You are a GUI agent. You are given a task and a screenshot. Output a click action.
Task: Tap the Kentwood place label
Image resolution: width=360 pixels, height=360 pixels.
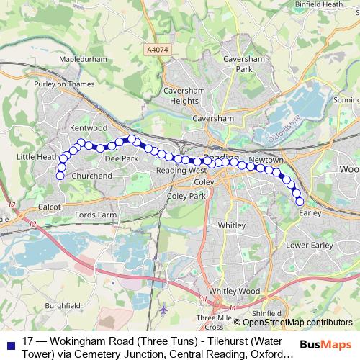click(89, 127)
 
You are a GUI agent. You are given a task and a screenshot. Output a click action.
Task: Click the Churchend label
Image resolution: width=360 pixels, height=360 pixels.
click(93, 175)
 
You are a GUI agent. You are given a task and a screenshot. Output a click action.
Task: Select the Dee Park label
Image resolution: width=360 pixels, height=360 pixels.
click(121, 158)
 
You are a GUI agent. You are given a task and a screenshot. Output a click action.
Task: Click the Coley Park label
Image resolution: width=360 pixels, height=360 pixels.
click(181, 195)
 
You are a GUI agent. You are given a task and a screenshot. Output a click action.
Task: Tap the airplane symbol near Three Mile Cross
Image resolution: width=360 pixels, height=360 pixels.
click(166, 310)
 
